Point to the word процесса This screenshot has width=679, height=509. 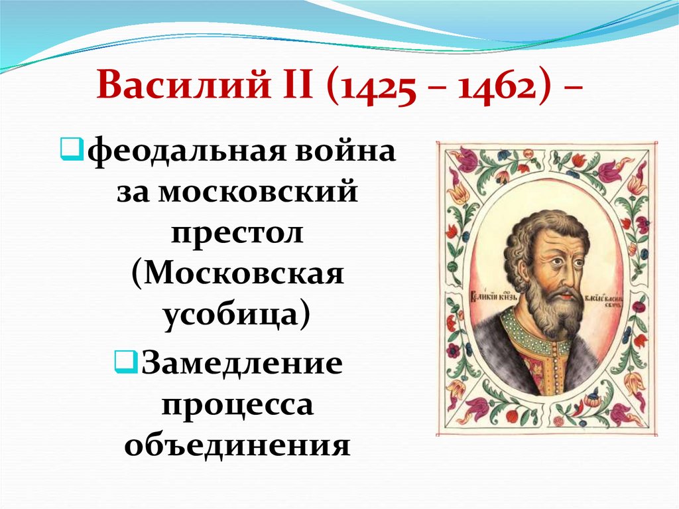pos(237,405)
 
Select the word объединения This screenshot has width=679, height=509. pos(237,444)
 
